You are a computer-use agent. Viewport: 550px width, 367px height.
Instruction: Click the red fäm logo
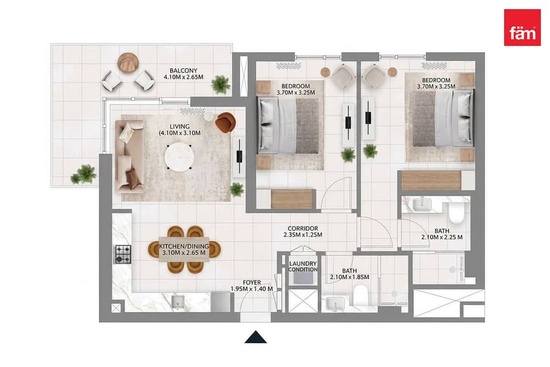tap(522, 28)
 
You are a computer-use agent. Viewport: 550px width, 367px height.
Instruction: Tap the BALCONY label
tap(183, 70)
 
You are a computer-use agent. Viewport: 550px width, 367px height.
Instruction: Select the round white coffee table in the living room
tap(179, 157)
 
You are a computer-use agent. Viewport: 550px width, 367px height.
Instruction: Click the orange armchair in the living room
tap(225, 122)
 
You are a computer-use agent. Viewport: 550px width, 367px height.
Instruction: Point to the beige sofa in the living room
tap(130, 157)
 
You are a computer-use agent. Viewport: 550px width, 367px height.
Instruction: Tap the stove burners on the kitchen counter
tap(123, 254)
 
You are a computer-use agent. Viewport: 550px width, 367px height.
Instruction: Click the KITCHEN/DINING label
tap(184, 246)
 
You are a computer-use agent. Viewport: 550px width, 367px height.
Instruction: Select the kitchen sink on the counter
tap(178, 302)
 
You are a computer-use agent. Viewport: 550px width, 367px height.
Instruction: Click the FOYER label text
tap(252, 283)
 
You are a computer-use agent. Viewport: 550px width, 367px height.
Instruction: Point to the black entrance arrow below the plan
tap(255, 337)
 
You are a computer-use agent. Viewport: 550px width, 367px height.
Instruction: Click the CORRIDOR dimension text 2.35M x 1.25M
tap(302, 235)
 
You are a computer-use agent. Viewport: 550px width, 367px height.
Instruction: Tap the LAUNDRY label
tap(303, 264)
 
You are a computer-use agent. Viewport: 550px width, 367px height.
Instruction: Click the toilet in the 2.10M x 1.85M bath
tap(360, 295)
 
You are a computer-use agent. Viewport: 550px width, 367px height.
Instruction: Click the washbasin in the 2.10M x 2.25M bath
tap(422, 204)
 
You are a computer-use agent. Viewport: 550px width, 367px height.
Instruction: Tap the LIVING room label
tap(180, 127)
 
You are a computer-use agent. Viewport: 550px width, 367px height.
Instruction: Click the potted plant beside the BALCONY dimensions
tap(221, 84)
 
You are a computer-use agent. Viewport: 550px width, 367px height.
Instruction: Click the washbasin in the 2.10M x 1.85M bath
tap(335, 304)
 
